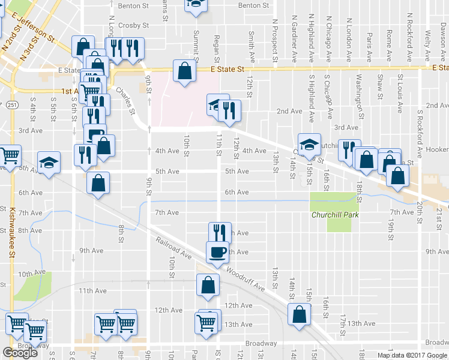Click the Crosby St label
tap(133, 26)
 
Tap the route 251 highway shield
tap(13, 105)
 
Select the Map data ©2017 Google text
tap(412, 355)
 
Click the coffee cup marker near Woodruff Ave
tap(217, 251)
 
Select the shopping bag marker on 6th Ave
tap(98, 184)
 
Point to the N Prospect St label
tap(274, 38)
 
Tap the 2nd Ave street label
tap(289, 111)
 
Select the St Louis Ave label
tap(400, 93)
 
